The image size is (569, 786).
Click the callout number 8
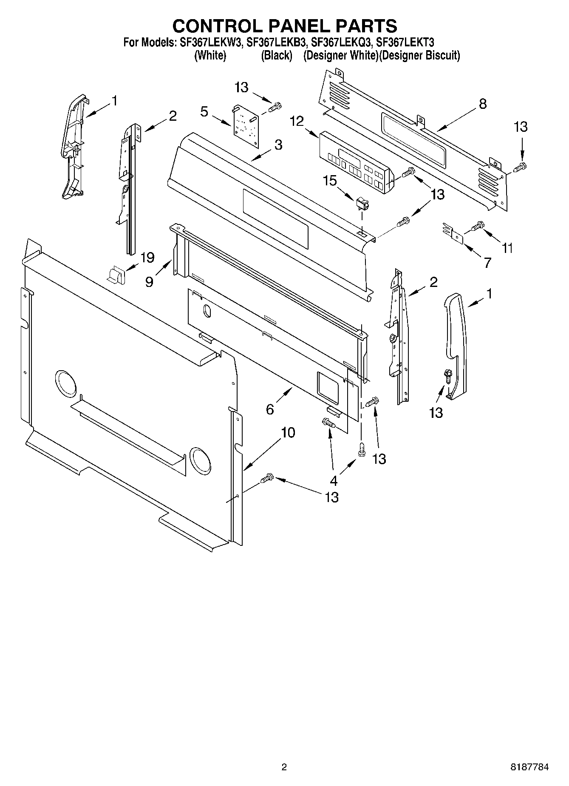[x=483, y=104]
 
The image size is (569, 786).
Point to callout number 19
[x=147, y=257]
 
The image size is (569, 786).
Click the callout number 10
[x=288, y=433]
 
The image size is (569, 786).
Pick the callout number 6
[x=270, y=409]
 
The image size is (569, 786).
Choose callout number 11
[x=507, y=248]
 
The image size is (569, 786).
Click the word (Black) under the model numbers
[x=277, y=55]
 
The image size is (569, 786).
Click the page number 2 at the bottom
[x=284, y=767]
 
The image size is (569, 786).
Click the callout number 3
[x=278, y=145]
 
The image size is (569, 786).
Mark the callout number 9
[x=150, y=282]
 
